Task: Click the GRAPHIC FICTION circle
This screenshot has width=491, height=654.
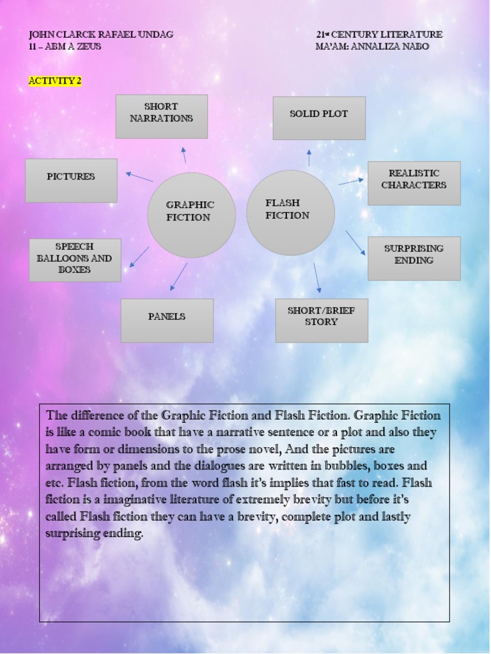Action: (191, 215)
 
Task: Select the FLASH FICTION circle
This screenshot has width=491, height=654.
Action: (290, 212)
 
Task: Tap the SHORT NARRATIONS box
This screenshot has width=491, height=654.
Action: (161, 116)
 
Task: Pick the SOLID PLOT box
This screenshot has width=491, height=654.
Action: (319, 118)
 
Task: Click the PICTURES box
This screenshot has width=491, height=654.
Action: (71, 180)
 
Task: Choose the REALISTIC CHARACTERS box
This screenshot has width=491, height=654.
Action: (414, 183)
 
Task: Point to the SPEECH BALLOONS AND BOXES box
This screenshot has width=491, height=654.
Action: (75, 260)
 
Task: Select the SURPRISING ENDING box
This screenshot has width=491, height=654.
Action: (414, 258)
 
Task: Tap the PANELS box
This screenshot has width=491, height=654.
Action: (167, 320)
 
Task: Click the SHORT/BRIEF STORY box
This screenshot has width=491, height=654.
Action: (322, 320)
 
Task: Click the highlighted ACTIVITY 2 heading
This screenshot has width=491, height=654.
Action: (55, 81)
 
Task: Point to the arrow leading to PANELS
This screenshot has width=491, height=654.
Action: (179, 276)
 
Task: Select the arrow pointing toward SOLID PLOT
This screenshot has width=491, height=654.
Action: (309, 158)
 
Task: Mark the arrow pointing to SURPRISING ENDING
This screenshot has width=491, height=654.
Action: (355, 243)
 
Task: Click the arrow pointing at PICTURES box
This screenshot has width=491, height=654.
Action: (139, 176)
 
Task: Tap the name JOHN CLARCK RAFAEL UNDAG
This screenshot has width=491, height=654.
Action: (101, 34)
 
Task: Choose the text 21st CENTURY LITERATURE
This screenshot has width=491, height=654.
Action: (379, 34)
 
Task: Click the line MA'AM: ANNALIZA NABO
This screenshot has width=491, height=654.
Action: (372, 47)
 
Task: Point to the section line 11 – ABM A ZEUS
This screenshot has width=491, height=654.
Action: (65, 47)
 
